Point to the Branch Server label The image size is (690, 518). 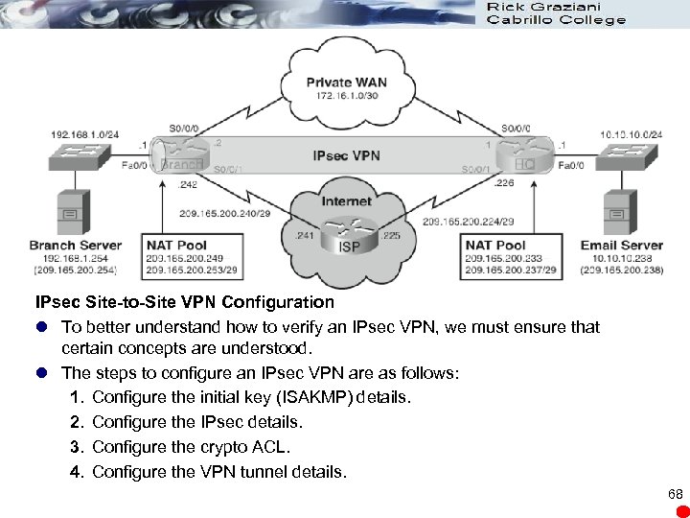(x=77, y=246)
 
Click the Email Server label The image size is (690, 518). (x=621, y=246)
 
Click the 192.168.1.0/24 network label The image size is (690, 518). (x=83, y=133)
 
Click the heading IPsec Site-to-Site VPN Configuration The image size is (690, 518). (x=184, y=302)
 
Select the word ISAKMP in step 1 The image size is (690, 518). (x=309, y=397)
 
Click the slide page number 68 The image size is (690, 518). (x=675, y=493)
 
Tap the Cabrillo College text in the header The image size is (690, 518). (x=556, y=19)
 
